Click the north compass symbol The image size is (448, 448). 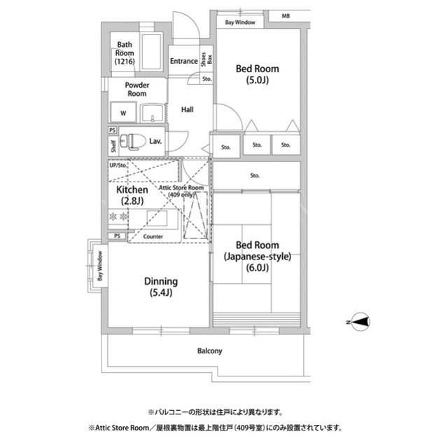coord(360,322)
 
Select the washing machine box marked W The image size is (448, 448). coord(123,112)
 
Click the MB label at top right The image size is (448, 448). coord(286,16)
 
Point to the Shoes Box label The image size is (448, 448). coord(207,59)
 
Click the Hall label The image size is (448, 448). coord(188,109)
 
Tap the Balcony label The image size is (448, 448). coord(210,351)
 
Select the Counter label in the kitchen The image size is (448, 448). coord(153,236)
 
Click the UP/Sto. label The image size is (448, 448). coord(118,165)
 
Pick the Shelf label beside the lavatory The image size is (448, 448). coord(113,147)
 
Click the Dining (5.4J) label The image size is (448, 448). coord(161,287)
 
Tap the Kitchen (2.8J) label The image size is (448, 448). coord(132,195)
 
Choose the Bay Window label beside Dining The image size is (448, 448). coord(99,266)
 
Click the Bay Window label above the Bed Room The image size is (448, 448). coord(240,22)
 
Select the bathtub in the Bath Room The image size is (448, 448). coord(152,52)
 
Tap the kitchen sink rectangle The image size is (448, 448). coord(157,219)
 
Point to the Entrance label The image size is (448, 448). coord(184,61)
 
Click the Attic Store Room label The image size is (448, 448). coord(181,191)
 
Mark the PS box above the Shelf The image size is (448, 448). coord(113,130)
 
